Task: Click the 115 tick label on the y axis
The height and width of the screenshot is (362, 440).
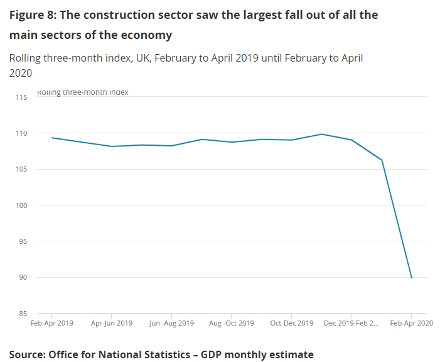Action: click(x=22, y=97)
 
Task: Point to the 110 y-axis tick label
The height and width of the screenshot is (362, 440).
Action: click(x=22, y=133)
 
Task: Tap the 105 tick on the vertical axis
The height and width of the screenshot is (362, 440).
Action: click(x=22, y=169)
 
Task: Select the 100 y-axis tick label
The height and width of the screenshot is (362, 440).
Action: click(x=22, y=206)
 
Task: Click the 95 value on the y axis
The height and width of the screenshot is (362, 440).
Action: click(x=24, y=241)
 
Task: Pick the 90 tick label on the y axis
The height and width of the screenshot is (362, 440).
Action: click(x=24, y=277)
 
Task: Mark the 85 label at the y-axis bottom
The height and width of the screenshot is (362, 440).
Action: click(x=24, y=313)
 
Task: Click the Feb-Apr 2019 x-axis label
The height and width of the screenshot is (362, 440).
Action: click(x=52, y=323)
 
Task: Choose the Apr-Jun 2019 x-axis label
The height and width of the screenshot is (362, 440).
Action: click(x=112, y=323)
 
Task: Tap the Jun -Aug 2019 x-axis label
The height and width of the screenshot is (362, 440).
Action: click(x=171, y=323)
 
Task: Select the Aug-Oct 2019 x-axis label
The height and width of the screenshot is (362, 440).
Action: click(x=231, y=323)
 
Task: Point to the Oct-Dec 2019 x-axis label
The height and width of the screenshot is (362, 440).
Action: click(x=291, y=323)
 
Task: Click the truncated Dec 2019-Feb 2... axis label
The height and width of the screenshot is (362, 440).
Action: click(x=351, y=323)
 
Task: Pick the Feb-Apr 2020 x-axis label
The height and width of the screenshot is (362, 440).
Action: click(x=411, y=323)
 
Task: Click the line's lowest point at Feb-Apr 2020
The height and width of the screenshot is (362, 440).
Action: click(x=411, y=278)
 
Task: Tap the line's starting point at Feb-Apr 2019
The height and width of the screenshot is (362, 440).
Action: click(x=52, y=138)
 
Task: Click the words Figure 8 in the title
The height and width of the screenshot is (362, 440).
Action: click(x=31, y=14)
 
